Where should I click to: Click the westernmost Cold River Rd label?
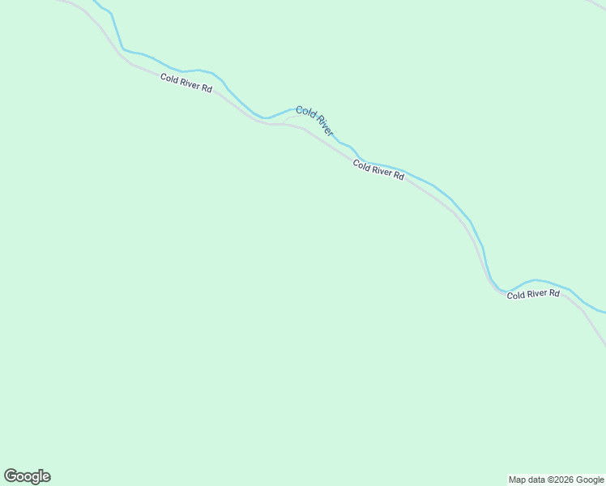tap(186, 83)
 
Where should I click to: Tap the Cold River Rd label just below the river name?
tap(378, 169)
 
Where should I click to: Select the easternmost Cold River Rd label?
tap(533, 294)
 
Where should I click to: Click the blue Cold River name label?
tap(314, 120)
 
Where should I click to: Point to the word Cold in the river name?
tap(305, 112)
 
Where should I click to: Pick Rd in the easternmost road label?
tap(554, 293)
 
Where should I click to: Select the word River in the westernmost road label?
tap(188, 83)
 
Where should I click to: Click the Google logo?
tap(27, 476)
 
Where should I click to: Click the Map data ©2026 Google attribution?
tap(556, 480)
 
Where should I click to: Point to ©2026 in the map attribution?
tap(562, 480)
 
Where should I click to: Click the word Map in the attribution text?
tap(517, 480)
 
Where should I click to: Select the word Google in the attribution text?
tap(589, 480)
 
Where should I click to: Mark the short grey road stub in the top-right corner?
tap(595, 4)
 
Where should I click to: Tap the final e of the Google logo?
tap(45, 477)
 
